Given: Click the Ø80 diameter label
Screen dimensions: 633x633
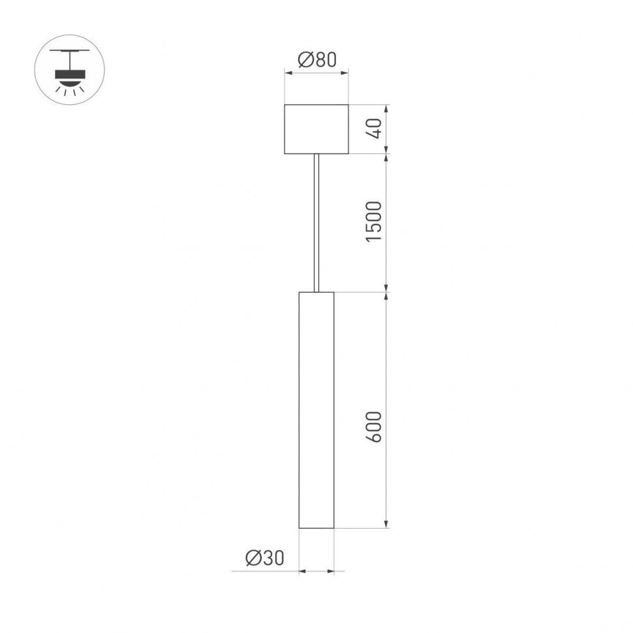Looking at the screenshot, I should tap(316, 60).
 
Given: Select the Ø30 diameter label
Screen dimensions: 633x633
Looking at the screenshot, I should tap(265, 557).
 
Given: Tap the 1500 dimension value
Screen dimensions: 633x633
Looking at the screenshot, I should tap(373, 222).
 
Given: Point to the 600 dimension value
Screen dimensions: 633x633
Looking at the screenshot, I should tap(373, 427).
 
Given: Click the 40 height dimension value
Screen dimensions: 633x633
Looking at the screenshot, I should tap(373, 129).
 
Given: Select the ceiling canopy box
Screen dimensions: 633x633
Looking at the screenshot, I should tap(316, 129).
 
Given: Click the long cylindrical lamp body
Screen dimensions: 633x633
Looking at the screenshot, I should tap(316, 409).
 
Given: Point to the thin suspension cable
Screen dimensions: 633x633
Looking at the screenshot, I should tap(316, 222).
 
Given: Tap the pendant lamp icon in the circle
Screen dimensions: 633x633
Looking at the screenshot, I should tap(69, 69).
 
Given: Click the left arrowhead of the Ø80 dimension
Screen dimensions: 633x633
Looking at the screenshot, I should tap(288, 73).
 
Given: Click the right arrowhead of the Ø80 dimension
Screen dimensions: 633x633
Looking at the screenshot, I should tap(345, 73).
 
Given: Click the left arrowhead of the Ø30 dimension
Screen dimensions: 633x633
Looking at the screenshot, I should tap(302, 572).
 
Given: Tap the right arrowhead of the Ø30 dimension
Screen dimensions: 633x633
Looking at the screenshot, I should tap(331, 572).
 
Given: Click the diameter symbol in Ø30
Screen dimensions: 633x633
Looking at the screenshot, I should tap(253, 557).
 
